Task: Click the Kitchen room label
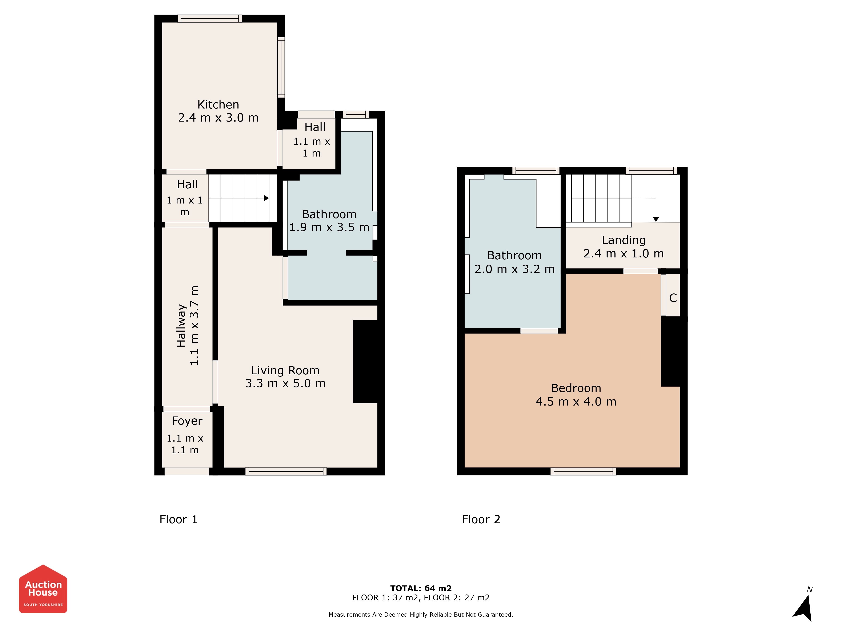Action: click(x=218, y=104)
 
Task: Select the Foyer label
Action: click(x=187, y=421)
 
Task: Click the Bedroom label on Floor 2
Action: click(x=576, y=388)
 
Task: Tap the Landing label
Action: click(x=624, y=240)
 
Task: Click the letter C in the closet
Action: click(x=673, y=298)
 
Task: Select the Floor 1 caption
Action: click(x=179, y=519)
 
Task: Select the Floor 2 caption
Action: click(x=481, y=519)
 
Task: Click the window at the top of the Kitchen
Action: click(x=209, y=18)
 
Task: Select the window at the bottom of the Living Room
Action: click(x=286, y=472)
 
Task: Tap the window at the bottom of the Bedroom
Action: click(x=583, y=472)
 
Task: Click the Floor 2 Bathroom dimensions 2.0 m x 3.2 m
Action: click(x=515, y=269)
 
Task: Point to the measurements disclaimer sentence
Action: click(x=421, y=615)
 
